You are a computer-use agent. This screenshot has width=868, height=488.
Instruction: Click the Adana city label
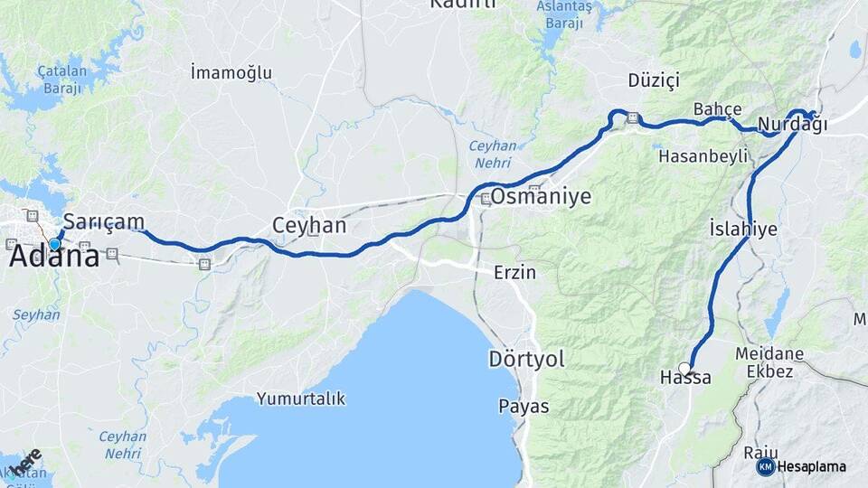coord(54,258)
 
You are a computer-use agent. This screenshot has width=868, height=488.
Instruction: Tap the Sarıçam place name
coord(103,222)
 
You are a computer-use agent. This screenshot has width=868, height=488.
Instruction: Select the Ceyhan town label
coord(309,225)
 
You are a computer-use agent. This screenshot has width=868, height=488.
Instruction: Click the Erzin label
coord(514,272)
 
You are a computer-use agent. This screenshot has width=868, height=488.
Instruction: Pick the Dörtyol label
coord(526,359)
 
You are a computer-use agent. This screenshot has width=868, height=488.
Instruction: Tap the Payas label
coord(524,407)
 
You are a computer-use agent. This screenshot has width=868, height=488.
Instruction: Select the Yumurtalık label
coord(301,399)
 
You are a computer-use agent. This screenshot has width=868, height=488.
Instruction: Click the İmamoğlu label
coord(231,73)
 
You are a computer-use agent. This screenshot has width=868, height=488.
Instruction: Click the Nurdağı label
coord(793,125)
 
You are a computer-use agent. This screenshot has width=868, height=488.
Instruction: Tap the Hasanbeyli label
coord(704,155)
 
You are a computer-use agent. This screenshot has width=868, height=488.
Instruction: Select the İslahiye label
coord(743,229)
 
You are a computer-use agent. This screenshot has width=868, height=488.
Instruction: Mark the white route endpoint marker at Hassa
coord(684,367)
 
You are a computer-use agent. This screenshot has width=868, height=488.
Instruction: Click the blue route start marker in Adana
coord(54,244)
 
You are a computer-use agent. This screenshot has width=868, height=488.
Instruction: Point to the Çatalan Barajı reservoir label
coord(60,80)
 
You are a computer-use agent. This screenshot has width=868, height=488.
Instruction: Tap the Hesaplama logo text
coord(811,467)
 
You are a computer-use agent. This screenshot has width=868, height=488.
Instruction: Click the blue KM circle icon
coord(765,466)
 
